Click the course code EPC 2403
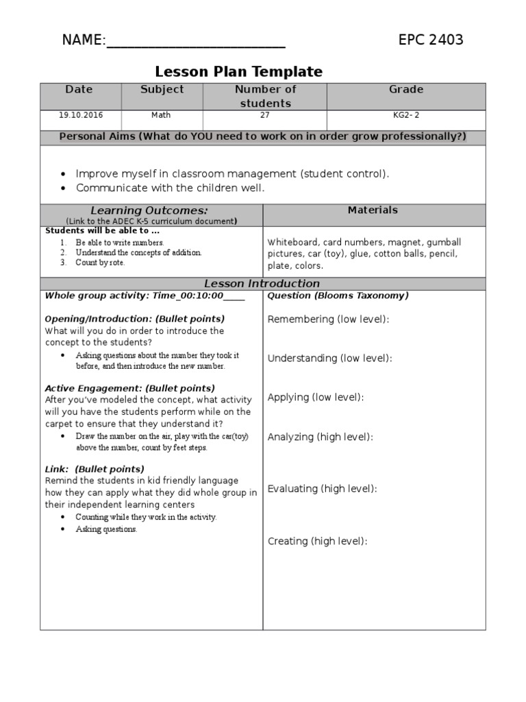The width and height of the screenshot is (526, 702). click(431, 40)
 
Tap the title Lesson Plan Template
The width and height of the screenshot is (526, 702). click(238, 71)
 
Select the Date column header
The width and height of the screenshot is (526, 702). click(79, 90)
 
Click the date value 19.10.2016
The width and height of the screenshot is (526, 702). click(80, 115)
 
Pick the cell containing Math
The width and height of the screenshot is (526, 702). click(162, 115)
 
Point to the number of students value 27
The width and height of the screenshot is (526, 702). click(265, 115)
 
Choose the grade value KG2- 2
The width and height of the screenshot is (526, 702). click(406, 115)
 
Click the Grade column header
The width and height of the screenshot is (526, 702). click(406, 90)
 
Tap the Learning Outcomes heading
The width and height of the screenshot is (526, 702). click(149, 210)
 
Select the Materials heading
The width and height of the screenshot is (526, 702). click(373, 210)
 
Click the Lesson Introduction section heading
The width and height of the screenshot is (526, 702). click(262, 284)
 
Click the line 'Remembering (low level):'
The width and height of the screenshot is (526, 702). click(328, 319)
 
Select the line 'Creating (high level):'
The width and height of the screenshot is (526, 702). click(318, 542)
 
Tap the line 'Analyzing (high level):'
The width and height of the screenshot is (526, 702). click(321, 437)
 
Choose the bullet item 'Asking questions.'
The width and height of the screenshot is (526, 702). click(106, 529)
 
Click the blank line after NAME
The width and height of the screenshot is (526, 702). click(196, 41)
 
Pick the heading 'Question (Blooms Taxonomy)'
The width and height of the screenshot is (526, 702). click(338, 296)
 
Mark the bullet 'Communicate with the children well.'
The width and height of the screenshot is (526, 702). click(170, 188)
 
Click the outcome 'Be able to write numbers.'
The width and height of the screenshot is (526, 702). click(120, 243)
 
